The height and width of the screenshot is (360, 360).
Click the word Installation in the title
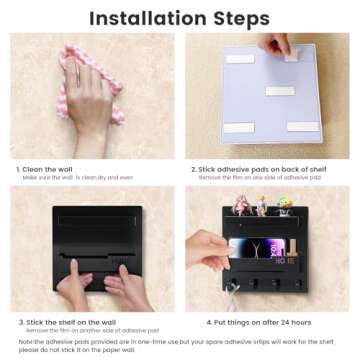pos(144,18)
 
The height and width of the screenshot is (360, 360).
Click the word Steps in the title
pos(236,18)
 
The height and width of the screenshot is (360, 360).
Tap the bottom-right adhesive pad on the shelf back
pos(303,126)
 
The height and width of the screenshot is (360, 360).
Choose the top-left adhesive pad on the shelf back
pos(240,58)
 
